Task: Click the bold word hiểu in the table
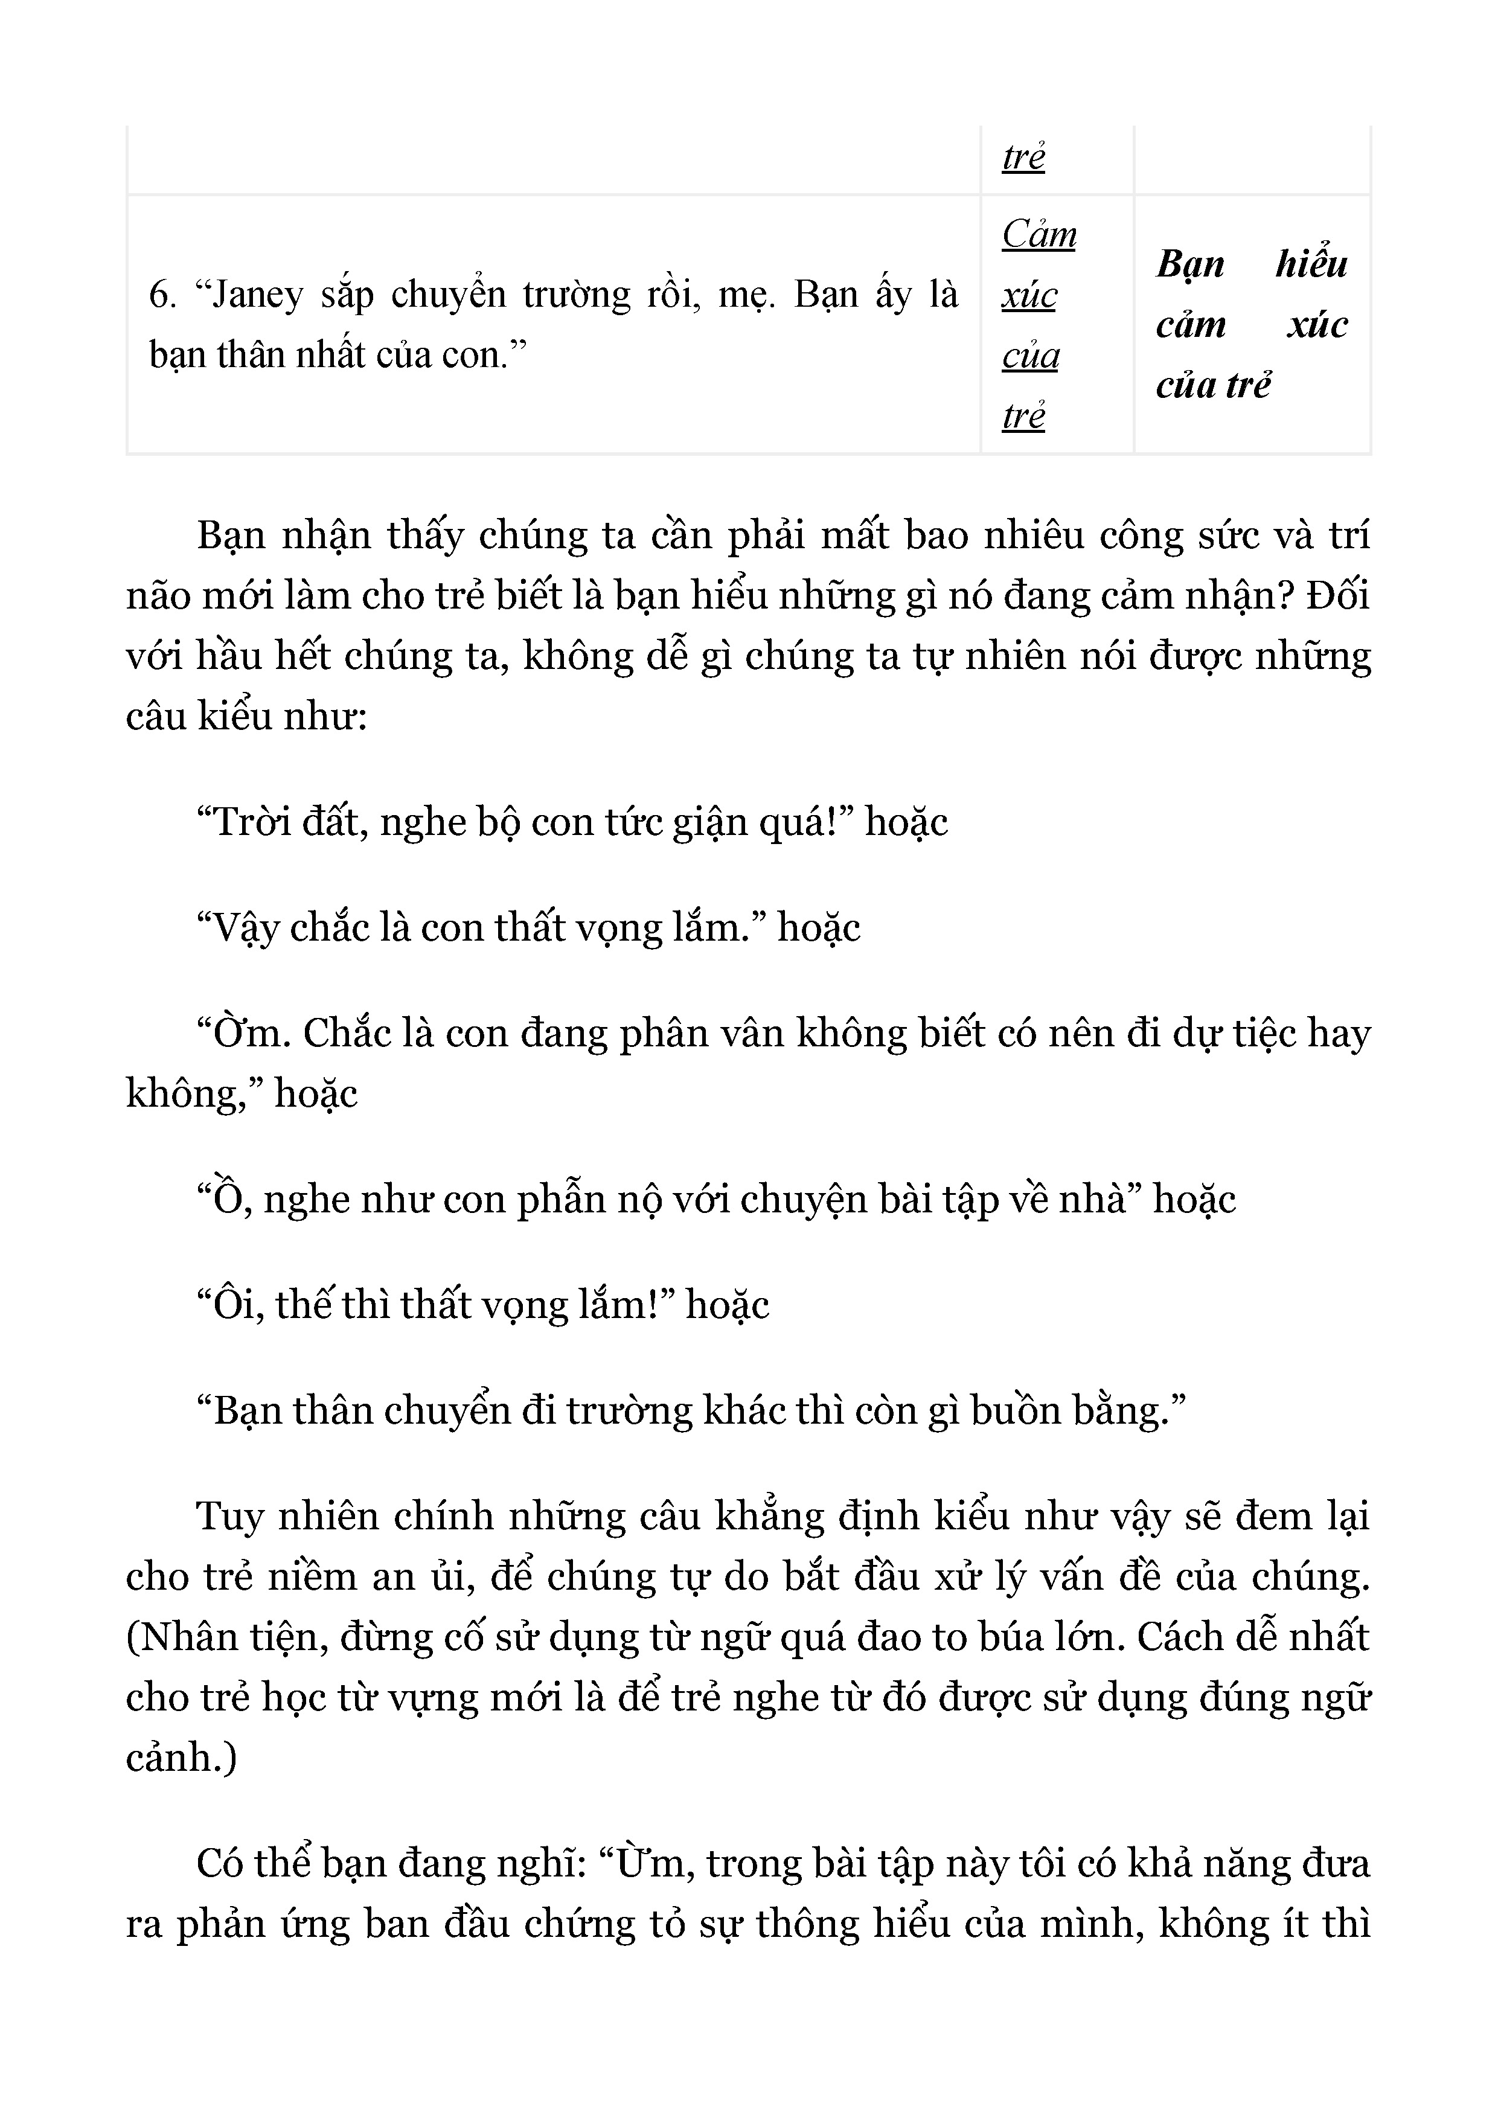click(x=1311, y=264)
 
